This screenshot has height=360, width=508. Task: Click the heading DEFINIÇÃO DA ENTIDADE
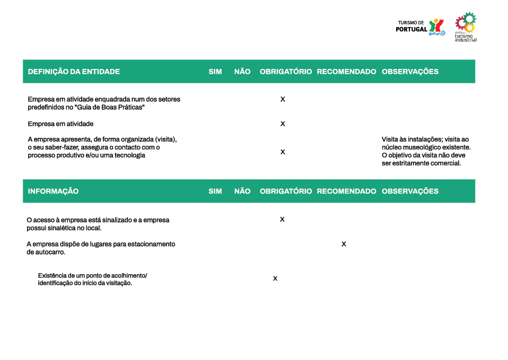coord(74,72)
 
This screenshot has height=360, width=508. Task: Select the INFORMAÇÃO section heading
coord(53,191)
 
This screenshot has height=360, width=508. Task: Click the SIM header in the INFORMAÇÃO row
coord(215,191)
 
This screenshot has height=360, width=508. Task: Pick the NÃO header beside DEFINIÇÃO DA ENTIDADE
coord(242,72)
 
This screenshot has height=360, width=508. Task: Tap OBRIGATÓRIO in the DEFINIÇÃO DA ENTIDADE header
coord(285,72)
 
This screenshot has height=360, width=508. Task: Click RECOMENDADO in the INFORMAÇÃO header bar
coord(346,191)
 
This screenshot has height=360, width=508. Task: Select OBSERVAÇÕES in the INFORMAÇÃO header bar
coord(410,191)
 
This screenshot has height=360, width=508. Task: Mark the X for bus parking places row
coord(344,244)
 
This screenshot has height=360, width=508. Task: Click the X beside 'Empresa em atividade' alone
coord(283,124)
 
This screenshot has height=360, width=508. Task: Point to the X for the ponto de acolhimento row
coord(275,279)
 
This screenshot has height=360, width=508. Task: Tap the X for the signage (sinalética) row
coord(282,219)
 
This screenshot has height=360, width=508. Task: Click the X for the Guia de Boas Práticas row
coord(283,100)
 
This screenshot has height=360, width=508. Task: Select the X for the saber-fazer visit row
coord(283,152)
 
